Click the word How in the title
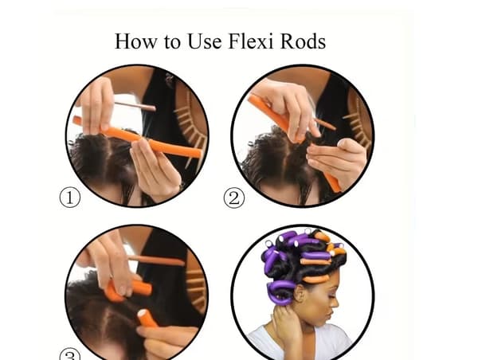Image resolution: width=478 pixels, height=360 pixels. pos(135,41)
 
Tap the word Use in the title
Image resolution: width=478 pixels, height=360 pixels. pos(205,41)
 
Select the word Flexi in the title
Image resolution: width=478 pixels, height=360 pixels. pos(251,41)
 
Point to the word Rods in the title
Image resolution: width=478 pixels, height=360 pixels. pos(303,41)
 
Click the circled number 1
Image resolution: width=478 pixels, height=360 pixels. pos(70,198)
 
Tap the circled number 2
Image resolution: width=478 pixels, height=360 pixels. pos(234,198)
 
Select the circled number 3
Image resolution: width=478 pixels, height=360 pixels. pos(70,354)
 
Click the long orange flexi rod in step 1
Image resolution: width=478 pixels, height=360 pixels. pos(137,138)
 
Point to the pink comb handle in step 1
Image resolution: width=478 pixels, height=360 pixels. pos(135,106)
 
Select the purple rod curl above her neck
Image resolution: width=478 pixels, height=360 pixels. pos(280,292)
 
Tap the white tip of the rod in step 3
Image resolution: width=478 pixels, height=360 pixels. pos(142,313)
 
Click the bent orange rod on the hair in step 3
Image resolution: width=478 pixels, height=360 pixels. pos(128,290)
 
